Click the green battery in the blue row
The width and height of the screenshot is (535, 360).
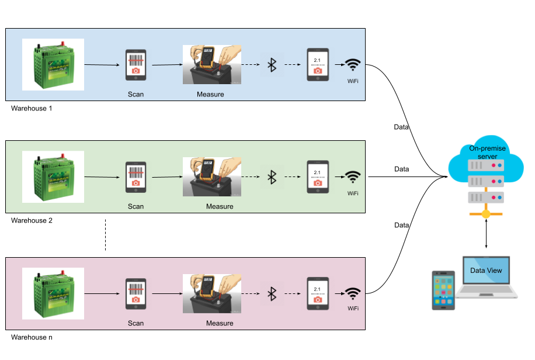[53, 64]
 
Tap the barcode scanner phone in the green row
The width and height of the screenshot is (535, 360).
[136, 176]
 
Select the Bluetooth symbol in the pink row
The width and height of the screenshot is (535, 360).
[272, 293]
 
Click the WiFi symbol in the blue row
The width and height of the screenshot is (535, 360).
[353, 65]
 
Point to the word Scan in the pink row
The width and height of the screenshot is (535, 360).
[136, 323]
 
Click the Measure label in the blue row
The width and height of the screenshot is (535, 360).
[210, 94]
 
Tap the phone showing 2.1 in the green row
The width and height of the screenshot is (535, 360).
[318, 176]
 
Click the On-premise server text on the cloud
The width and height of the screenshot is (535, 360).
[487, 153]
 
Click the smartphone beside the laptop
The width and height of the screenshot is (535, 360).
[443, 290]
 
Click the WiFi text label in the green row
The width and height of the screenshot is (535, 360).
[353, 193]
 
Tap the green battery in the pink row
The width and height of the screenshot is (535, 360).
[53, 293]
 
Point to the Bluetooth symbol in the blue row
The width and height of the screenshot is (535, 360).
[272, 65]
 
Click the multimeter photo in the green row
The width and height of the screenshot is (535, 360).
[212, 176]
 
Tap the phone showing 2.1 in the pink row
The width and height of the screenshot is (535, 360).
[318, 293]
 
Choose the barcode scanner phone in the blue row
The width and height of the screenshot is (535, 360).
[136, 65]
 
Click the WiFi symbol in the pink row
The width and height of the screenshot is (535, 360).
[353, 293]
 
